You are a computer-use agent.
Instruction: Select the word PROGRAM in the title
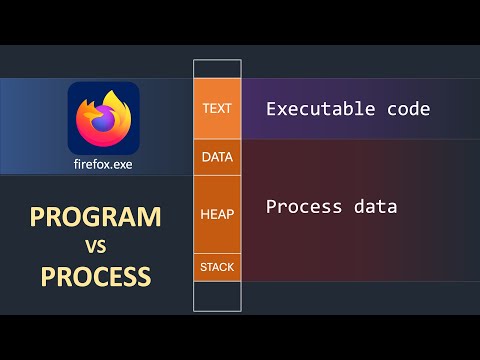pyautogui.click(x=94, y=217)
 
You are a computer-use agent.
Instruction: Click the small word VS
pyautogui.click(x=95, y=246)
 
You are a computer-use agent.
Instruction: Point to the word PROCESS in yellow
pyautogui.click(x=96, y=275)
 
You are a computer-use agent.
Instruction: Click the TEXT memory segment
pyautogui.click(x=217, y=109)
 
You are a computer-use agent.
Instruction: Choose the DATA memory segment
pyautogui.click(x=217, y=157)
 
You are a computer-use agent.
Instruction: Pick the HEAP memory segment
pyautogui.click(x=217, y=214)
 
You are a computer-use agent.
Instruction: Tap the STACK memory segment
pyautogui.click(x=217, y=267)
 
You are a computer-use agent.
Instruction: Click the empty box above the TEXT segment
pyautogui.click(x=217, y=70)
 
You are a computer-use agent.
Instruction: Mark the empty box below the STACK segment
pyautogui.click(x=217, y=296)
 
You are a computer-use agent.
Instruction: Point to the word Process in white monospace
pyautogui.click(x=298, y=207)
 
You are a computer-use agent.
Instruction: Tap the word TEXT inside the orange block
pyautogui.click(x=217, y=109)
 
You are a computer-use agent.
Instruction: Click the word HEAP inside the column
pyautogui.click(x=217, y=214)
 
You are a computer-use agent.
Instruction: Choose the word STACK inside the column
pyautogui.click(x=217, y=267)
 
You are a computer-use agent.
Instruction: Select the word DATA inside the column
pyautogui.click(x=217, y=157)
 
